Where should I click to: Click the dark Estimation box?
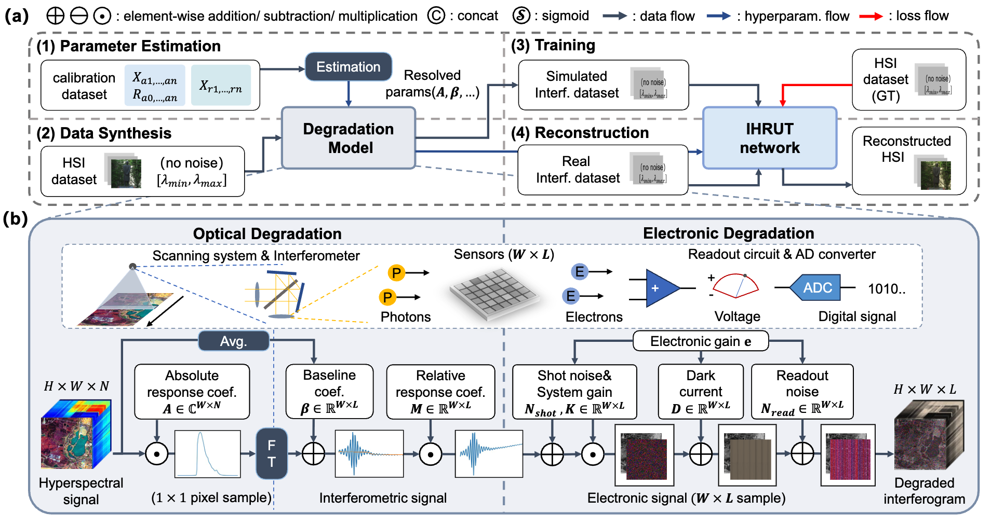pos(348,67)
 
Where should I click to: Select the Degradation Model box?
pos(349,138)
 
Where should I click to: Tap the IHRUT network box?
pos(769,138)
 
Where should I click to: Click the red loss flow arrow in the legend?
pos(871,17)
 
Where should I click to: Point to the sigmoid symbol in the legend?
pos(521,16)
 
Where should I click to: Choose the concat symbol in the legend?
pos(436,16)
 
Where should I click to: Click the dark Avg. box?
pos(234,341)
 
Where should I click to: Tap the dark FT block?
pos(272,453)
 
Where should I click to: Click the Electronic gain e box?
pos(700,341)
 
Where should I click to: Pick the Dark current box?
pos(701,392)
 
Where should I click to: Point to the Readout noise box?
pos(802,392)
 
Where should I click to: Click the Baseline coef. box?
pos(329,392)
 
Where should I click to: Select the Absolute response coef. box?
pos(192,392)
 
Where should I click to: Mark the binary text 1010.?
pos(886,289)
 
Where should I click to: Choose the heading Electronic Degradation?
pos(728,233)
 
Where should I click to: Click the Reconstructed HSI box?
pos(909,161)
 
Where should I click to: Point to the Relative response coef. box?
pos(440,392)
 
